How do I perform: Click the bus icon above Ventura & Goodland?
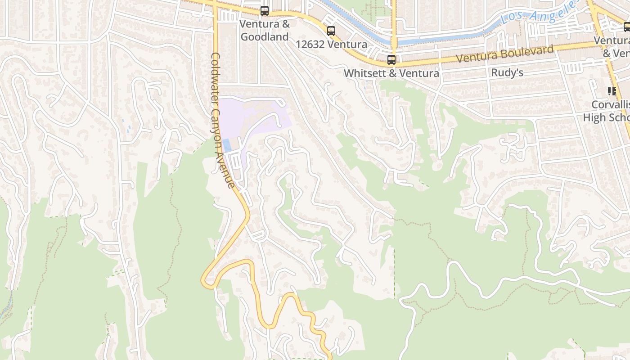pyautogui.click(x=265, y=11)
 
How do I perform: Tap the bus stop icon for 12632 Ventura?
pyautogui.click(x=331, y=31)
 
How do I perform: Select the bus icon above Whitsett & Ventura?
pyautogui.click(x=391, y=59)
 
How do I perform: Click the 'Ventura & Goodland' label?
pyautogui.click(x=265, y=30)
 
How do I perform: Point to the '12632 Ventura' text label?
pyautogui.click(x=331, y=45)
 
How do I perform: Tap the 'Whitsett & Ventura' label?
pyautogui.click(x=391, y=73)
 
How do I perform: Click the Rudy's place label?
pyautogui.click(x=507, y=72)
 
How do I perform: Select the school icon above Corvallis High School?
pyautogui.click(x=612, y=91)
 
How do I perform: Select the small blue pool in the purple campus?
pyautogui.click(x=228, y=145)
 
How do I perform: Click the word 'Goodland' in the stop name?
pyautogui.click(x=265, y=36)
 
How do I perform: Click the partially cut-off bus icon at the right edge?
pyautogui.click(x=627, y=27)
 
